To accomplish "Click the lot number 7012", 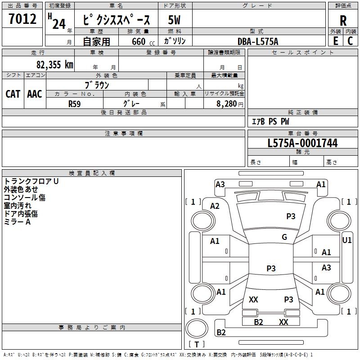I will click(22, 19).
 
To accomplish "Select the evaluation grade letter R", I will click(343, 21).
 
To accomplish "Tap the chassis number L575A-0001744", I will click(302, 144).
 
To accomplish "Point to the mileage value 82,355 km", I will click(54, 64).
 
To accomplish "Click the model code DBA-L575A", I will click(258, 41).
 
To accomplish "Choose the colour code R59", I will click(75, 103).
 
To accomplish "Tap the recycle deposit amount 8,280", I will click(226, 103).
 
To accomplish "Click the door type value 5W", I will click(174, 20).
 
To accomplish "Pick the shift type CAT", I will click(13, 94).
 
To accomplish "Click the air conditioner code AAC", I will click(35, 94).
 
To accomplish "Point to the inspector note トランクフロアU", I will click(31, 181).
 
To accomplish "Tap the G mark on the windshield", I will click(284, 237).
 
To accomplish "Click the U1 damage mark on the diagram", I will click(346, 240).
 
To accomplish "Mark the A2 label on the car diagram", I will click(215, 206).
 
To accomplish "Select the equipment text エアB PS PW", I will click(270, 121).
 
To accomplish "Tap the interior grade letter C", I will click(350, 41).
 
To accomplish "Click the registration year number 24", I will click(59, 23).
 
